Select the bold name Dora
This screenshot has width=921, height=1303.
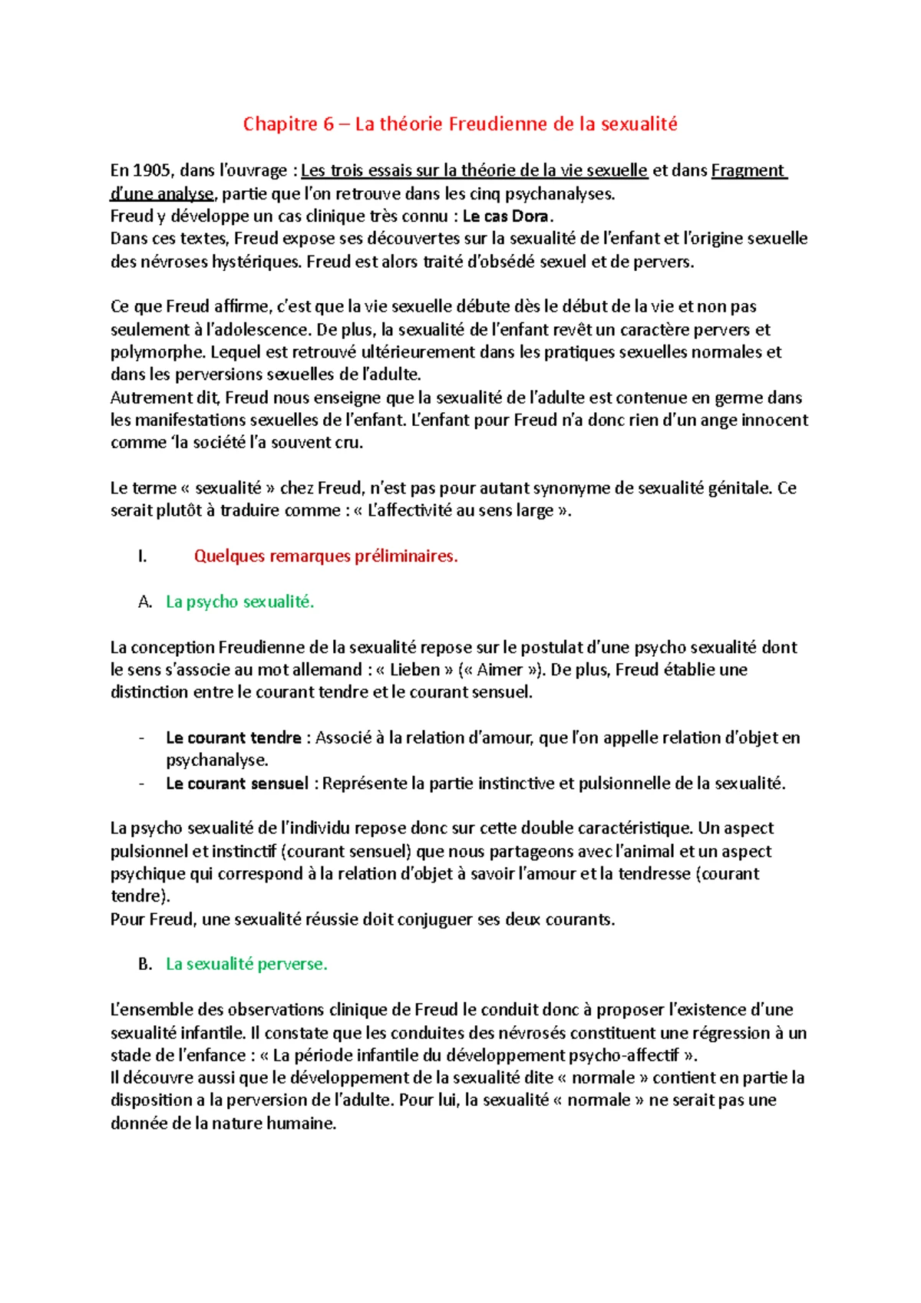[531, 216]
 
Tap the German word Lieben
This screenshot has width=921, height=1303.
[414, 669]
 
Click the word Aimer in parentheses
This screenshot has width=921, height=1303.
[500, 669]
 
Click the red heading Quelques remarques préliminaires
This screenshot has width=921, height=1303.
[325, 556]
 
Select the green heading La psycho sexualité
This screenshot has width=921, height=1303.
[240, 602]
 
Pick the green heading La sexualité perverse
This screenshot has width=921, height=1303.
[246, 964]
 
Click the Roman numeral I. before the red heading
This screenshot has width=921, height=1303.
[142, 556]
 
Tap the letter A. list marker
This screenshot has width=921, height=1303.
[145, 602]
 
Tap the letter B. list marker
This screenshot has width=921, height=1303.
[145, 964]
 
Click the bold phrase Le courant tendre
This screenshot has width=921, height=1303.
[233, 737]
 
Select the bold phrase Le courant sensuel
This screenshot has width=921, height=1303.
[236, 783]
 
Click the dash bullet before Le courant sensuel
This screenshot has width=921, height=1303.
[142, 783]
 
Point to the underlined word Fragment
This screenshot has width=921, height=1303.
[748, 170]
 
